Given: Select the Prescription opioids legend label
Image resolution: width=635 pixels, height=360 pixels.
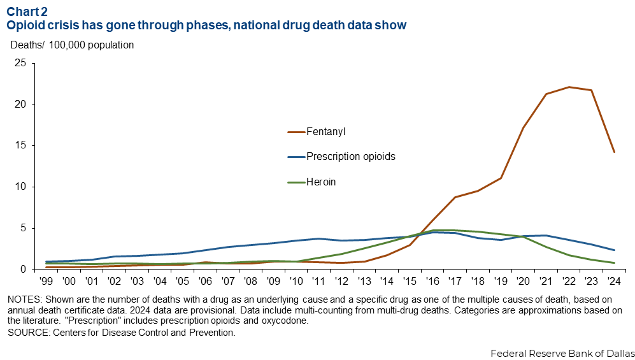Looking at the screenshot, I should point(351,157).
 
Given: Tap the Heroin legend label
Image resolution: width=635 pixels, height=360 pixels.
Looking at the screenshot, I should point(321,182).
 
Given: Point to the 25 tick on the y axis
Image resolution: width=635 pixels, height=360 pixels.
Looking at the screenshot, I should point(20,63).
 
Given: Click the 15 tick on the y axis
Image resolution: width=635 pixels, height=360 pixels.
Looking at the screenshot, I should point(20,145).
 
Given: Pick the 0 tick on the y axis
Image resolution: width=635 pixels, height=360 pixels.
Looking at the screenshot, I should point(23,269).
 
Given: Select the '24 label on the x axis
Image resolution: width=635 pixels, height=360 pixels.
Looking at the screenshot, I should point(614,281).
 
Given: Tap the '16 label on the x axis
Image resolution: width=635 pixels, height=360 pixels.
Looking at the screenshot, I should point(433,281).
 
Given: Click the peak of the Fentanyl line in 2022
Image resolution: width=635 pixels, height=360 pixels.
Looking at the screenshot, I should point(569,87).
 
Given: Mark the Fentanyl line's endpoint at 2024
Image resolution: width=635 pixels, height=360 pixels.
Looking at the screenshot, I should point(614,152).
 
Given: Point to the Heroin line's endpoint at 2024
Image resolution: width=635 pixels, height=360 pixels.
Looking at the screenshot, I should point(614,263).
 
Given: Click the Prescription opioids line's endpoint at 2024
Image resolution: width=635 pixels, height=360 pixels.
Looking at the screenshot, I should point(614,250).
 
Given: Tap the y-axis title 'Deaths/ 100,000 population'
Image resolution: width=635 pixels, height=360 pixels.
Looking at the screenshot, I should point(72,45).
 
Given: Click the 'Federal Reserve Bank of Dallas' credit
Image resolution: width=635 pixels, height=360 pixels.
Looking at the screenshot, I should point(562,352).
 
